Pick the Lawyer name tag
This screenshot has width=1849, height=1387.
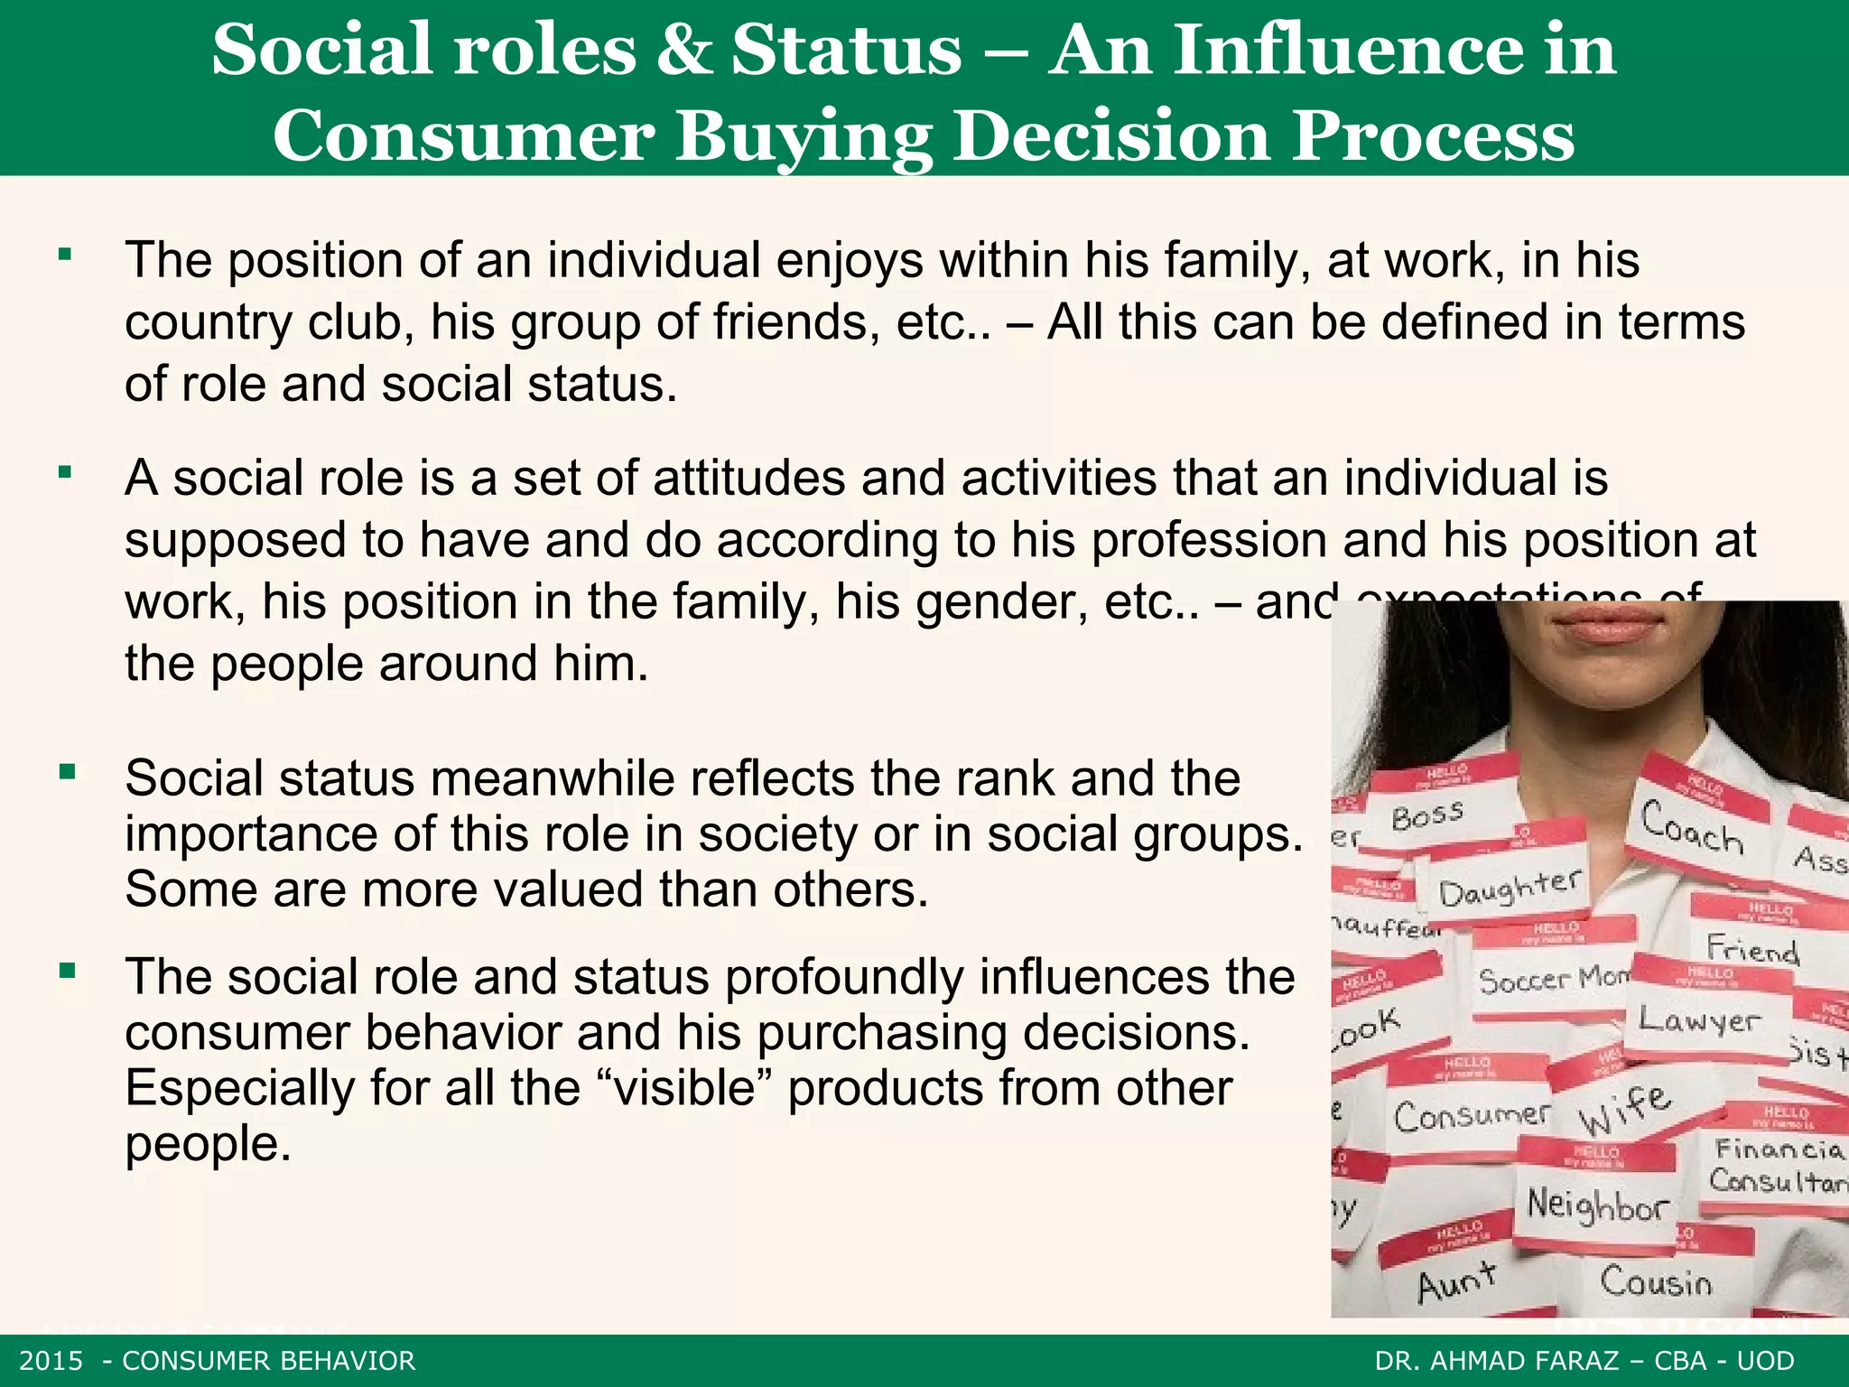[1699, 1020]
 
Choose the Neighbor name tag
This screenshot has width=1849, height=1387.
[1596, 1205]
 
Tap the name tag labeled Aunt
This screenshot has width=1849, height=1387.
[1455, 1280]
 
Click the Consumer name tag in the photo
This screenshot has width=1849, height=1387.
[1471, 1116]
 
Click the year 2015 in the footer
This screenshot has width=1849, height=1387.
[51, 1361]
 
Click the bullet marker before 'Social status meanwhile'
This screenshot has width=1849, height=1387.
[66, 772]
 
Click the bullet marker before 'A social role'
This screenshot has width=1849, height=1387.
[65, 471]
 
